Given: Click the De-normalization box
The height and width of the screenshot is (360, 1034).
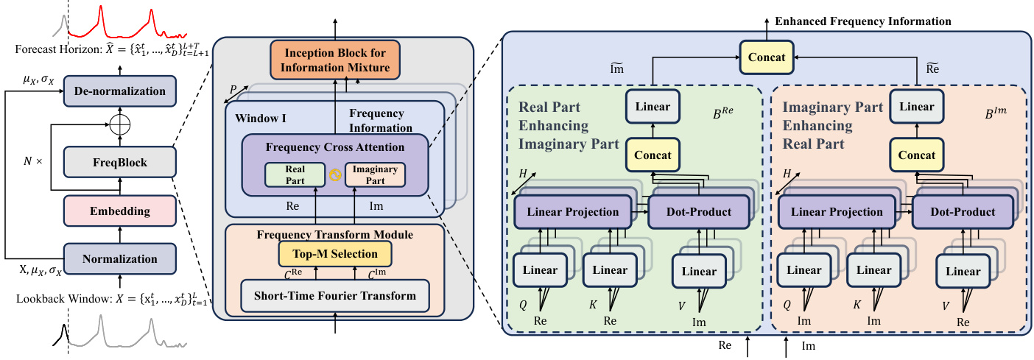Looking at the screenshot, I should pyautogui.click(x=119, y=91).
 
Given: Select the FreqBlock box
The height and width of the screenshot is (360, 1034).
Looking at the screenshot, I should pyautogui.click(x=119, y=160).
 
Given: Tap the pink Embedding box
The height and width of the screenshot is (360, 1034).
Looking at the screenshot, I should pyautogui.click(x=119, y=211).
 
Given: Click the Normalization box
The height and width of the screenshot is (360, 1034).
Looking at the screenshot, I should pyautogui.click(x=119, y=258).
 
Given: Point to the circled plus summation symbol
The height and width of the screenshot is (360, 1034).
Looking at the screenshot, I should pyautogui.click(x=120, y=126).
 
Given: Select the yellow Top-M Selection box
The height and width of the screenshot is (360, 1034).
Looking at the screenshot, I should pyautogui.click(x=335, y=254).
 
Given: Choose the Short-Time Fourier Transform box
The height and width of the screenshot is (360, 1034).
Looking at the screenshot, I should pyautogui.click(x=335, y=296).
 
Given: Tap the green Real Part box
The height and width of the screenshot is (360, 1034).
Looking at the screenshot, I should pyautogui.click(x=295, y=174).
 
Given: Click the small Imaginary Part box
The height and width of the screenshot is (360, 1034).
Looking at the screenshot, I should pyautogui.click(x=376, y=174).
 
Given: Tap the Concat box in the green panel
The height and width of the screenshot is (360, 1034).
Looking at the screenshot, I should pyautogui.click(x=653, y=155).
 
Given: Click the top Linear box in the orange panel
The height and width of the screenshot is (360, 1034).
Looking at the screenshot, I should pyautogui.click(x=917, y=107).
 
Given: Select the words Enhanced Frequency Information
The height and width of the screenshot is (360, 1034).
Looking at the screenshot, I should pyautogui.click(x=863, y=21).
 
